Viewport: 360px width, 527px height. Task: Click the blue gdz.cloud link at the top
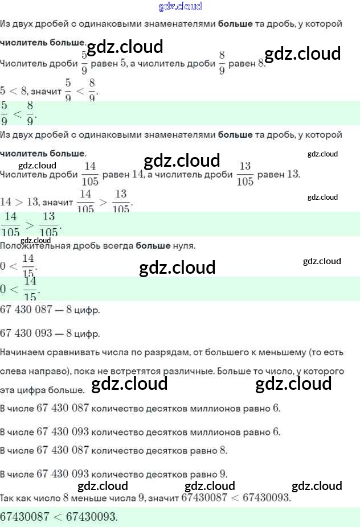coord(180,7)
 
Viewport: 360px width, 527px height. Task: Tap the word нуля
coord(183,246)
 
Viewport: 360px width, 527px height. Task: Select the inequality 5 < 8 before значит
coord(14,90)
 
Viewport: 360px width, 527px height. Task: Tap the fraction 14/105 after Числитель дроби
coord(90,173)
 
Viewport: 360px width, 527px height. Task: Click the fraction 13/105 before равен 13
coord(244,173)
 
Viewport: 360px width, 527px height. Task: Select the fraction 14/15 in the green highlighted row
coord(30,289)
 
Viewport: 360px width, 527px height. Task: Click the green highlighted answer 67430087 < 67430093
coord(59,517)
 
